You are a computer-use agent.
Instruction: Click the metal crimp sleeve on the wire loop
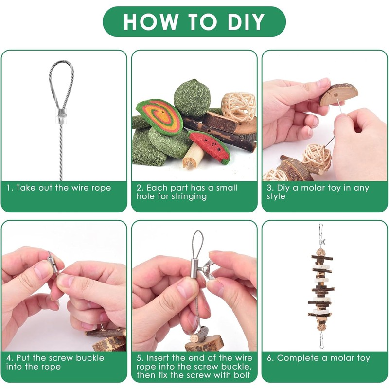pos(62,116)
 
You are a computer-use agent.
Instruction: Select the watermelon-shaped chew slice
pos(210,147)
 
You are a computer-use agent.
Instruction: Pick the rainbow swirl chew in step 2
pos(159,117)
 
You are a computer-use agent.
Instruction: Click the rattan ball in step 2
pos(238,106)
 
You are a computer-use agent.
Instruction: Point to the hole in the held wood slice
pos(336,95)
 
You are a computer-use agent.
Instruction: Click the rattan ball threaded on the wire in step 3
pos(317,157)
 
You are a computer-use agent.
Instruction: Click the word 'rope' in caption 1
pos(101,188)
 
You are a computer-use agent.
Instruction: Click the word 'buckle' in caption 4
pos(90,358)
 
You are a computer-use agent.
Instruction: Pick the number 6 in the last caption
pos(270,358)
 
